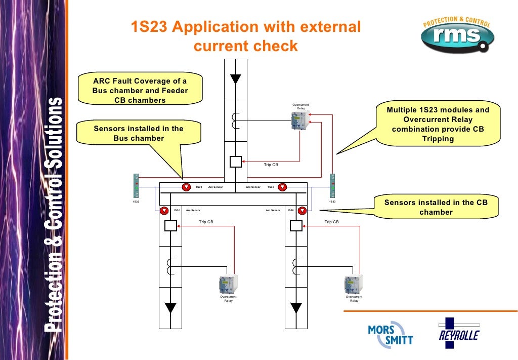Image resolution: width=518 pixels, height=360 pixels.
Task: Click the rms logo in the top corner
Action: click(x=456, y=34)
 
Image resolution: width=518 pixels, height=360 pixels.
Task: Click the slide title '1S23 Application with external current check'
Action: click(x=246, y=36)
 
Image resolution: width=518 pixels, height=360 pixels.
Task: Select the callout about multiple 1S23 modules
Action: click(x=438, y=125)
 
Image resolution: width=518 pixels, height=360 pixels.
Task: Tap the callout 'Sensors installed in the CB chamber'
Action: click(x=436, y=208)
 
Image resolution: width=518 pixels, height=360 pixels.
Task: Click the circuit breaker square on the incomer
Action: click(x=236, y=162)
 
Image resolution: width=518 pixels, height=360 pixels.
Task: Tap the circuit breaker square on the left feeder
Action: click(x=171, y=226)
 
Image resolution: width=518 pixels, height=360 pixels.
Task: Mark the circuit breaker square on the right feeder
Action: click(x=296, y=226)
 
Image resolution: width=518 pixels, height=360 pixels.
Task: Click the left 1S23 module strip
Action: click(x=136, y=185)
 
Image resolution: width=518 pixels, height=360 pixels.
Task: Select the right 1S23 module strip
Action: click(x=332, y=185)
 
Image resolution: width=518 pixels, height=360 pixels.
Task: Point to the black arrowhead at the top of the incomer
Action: click(x=236, y=79)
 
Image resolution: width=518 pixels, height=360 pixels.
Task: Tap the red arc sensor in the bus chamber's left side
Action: click(x=186, y=187)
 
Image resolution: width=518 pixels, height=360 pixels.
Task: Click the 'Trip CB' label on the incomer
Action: click(x=271, y=165)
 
